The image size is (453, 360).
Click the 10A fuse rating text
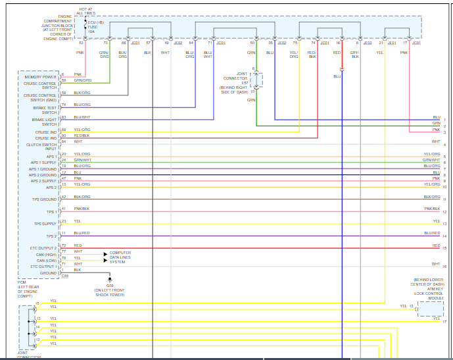pyautogui.click(x=91, y=31)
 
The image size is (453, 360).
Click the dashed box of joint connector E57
pyautogui.click(x=256, y=80)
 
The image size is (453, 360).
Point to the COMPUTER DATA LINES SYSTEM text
pyautogui.click(x=120, y=257)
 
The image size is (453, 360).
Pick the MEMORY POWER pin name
pyautogui.click(x=41, y=78)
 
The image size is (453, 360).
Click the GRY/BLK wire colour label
pyautogui.click(x=355, y=55)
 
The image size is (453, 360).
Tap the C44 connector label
pyautogui.click(x=64, y=276)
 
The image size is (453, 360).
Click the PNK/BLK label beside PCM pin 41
pyautogui.click(x=82, y=209)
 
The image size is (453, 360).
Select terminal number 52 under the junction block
pyautogui.click(x=81, y=43)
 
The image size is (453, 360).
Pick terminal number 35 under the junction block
pyautogui.click(x=270, y=43)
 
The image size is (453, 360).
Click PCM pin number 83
pyautogui.click(x=64, y=117)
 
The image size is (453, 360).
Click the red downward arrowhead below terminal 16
pyautogui.click(x=342, y=69)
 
